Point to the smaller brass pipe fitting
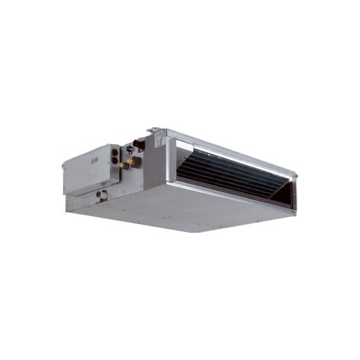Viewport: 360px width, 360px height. (x=124, y=164)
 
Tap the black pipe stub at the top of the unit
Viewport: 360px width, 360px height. (x=140, y=143)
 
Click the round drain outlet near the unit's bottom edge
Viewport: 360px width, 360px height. (x=104, y=194)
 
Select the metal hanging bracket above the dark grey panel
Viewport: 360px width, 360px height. (x=157, y=137)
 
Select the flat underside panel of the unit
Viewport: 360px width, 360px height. (x=180, y=207)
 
